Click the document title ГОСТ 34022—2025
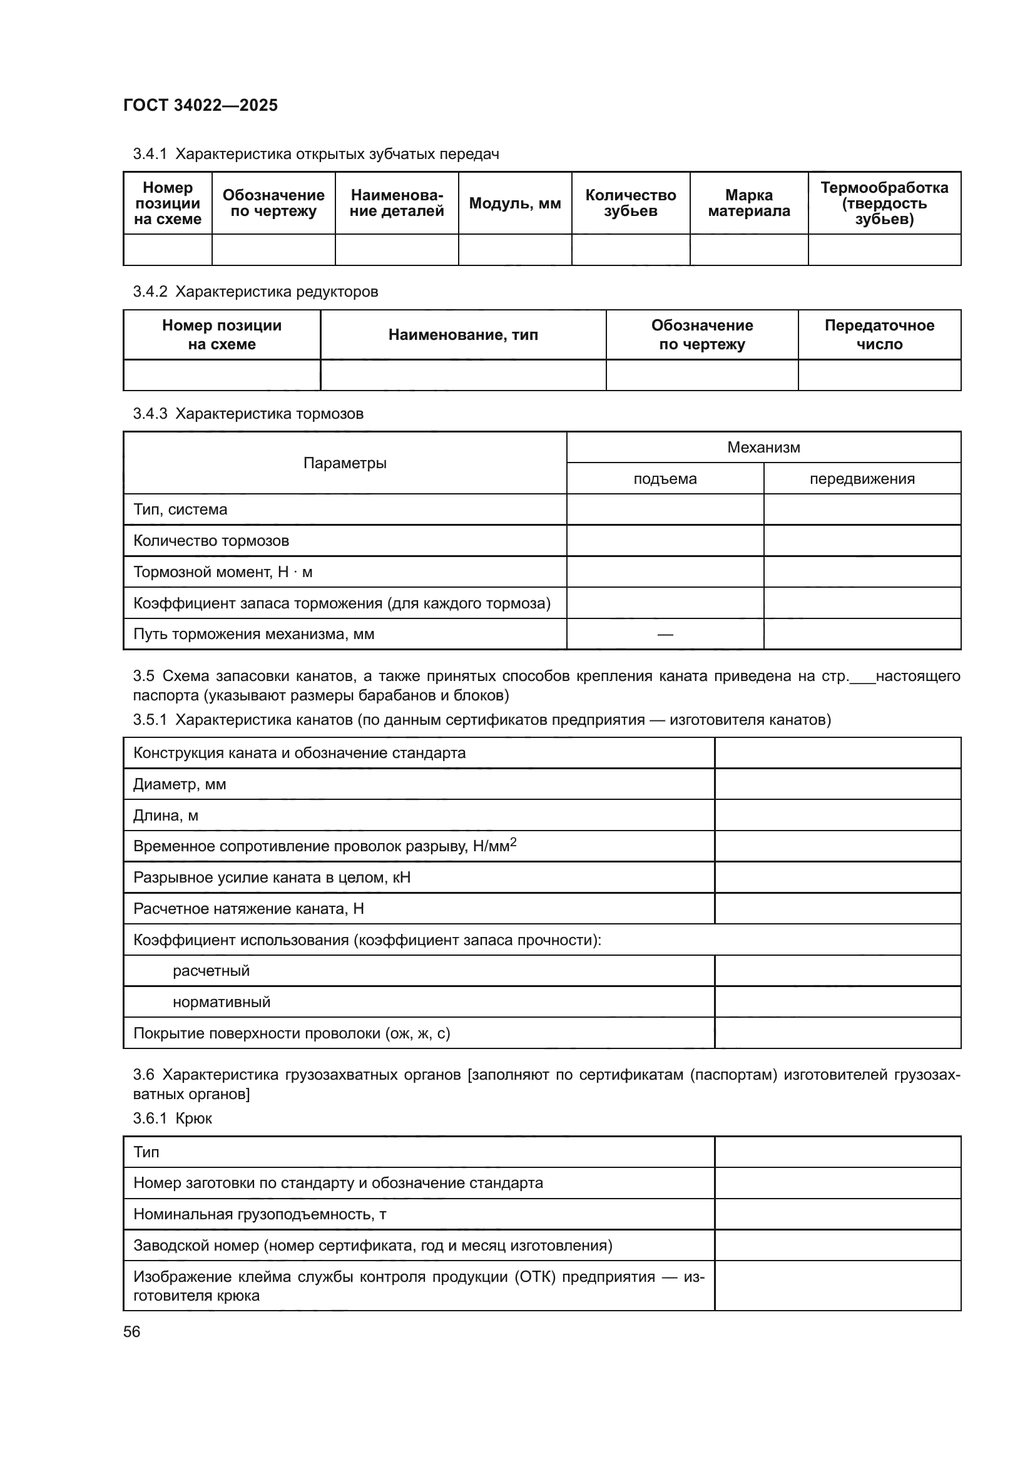[200, 105]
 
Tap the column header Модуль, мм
[514, 203]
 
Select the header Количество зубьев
[630, 203]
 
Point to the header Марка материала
[748, 203]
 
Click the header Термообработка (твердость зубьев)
[884, 203]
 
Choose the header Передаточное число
[879, 335]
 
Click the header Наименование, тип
[462, 335]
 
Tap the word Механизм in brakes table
[763, 448]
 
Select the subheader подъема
[665, 479]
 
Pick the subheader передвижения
[862, 479]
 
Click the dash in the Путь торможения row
[665, 635]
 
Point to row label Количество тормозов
[211, 541]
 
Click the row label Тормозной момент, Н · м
[222, 572]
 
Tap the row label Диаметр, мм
[179, 784]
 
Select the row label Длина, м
[166, 816]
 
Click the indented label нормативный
[221, 1002]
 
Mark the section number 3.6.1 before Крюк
[150, 1118]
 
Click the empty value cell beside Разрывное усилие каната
[837, 878]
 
